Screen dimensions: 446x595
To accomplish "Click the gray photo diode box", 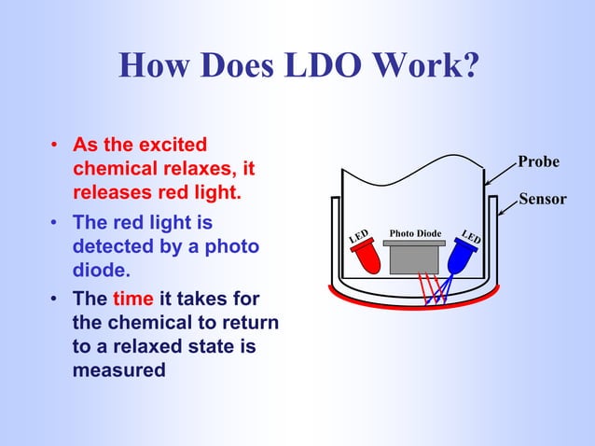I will pos(415,257).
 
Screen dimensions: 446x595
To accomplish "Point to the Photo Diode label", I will pos(415,232).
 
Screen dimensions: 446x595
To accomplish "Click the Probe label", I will pos(539,161).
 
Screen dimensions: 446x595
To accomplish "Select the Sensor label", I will pos(542,199).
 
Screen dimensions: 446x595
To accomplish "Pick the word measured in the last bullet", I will pos(118,370).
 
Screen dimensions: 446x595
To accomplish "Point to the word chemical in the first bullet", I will pos(114,171).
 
